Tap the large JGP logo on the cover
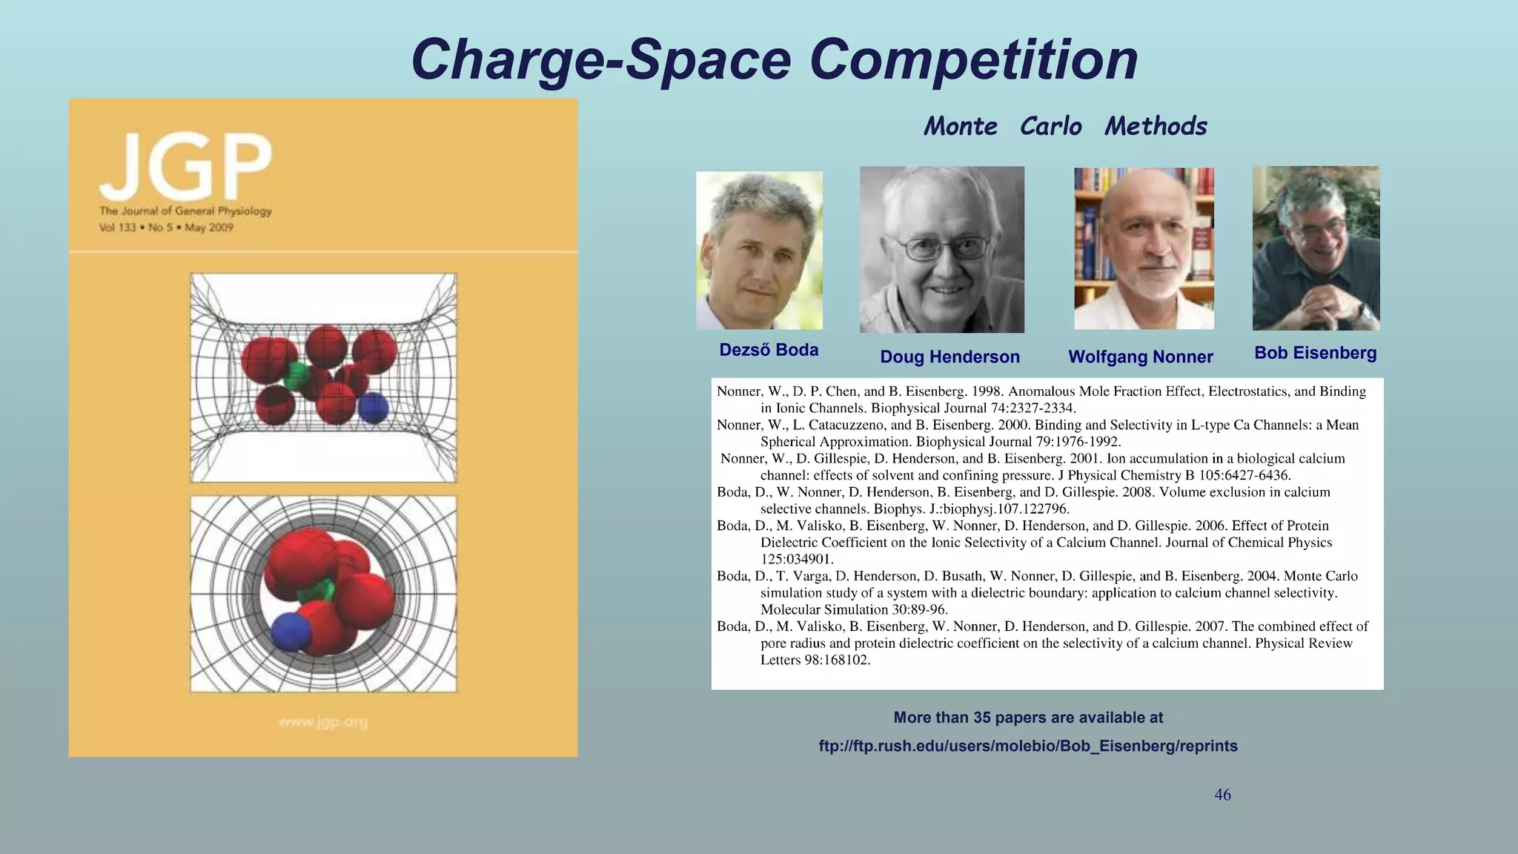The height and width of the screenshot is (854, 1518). [x=185, y=166]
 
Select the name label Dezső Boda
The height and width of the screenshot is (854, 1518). [x=769, y=350]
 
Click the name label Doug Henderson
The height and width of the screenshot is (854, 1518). [x=949, y=357]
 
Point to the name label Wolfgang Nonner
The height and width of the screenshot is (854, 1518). [x=1140, y=357]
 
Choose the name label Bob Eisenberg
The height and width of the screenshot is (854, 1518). [x=1315, y=353]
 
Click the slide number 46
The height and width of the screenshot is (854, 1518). [x=1222, y=795]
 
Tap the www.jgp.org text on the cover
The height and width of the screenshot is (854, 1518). [x=322, y=721]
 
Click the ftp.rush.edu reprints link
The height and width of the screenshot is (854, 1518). [x=1028, y=746]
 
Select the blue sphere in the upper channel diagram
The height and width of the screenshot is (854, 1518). [x=373, y=408]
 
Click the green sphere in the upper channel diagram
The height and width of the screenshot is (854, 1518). [x=297, y=377]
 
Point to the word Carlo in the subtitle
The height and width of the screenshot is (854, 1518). [x=1050, y=126]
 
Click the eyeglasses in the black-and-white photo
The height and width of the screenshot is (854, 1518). [x=947, y=248]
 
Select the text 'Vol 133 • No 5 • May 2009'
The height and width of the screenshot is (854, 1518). [x=166, y=228]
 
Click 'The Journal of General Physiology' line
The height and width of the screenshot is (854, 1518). [x=185, y=211]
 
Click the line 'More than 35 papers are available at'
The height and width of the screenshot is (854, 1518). [x=1028, y=718]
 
